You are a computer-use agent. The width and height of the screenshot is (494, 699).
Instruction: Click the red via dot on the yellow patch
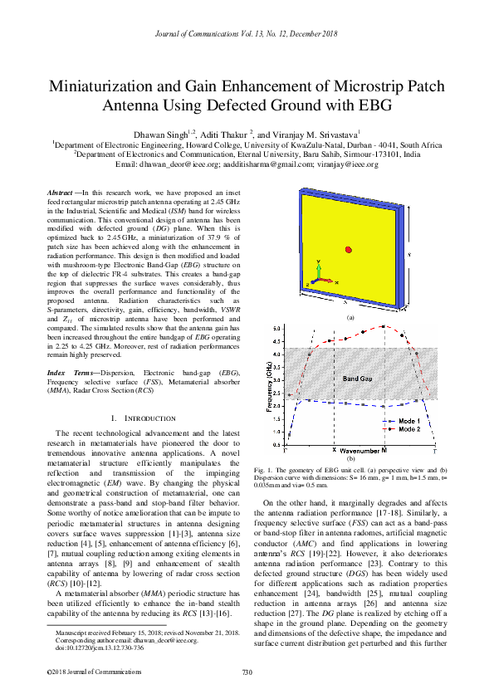coord(350,250)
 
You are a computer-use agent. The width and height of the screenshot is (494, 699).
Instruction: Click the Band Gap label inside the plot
coord(358,379)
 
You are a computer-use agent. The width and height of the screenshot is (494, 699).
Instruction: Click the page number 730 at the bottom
coord(247,672)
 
